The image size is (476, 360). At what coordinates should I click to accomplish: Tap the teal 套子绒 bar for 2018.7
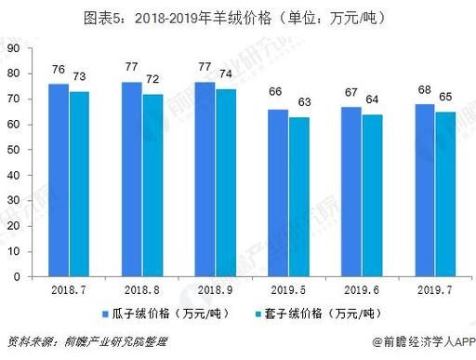[x=79, y=183]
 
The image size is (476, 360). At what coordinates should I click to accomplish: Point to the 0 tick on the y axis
[x=14, y=276]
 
